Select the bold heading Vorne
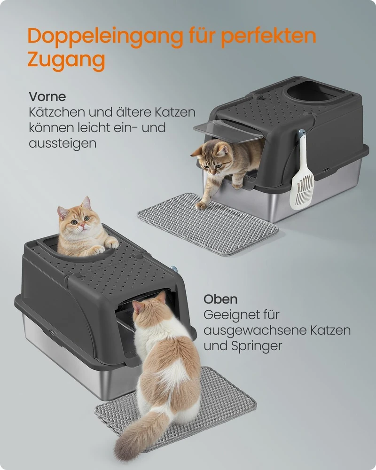(x=47, y=96)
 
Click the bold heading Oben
(x=221, y=299)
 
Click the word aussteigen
(x=63, y=144)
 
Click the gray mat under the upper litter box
(x=207, y=224)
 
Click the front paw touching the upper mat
(x=201, y=205)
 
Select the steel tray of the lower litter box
(x=75, y=360)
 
